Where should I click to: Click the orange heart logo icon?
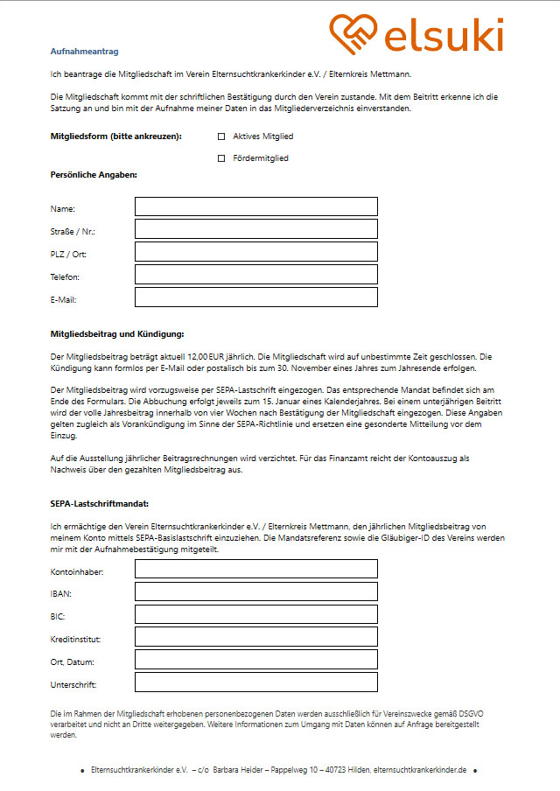tap(354, 35)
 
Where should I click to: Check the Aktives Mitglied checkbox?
tap(221, 136)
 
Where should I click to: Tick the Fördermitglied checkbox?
tap(221, 158)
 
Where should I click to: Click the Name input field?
tap(255, 206)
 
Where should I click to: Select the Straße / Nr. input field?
tap(255, 229)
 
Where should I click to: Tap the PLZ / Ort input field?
tap(255, 252)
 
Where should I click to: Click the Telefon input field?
tap(255, 275)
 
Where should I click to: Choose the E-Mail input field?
tap(255, 297)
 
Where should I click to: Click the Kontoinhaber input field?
tap(255, 569)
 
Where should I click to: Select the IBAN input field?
tap(255, 591)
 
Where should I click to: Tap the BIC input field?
tap(255, 614)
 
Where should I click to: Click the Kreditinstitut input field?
tap(255, 637)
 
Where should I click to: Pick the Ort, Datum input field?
tap(255, 660)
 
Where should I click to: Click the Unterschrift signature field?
tap(255, 682)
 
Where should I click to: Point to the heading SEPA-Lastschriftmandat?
tap(100, 504)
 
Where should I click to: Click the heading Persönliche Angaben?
tap(94, 175)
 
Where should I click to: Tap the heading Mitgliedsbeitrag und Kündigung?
tap(117, 333)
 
